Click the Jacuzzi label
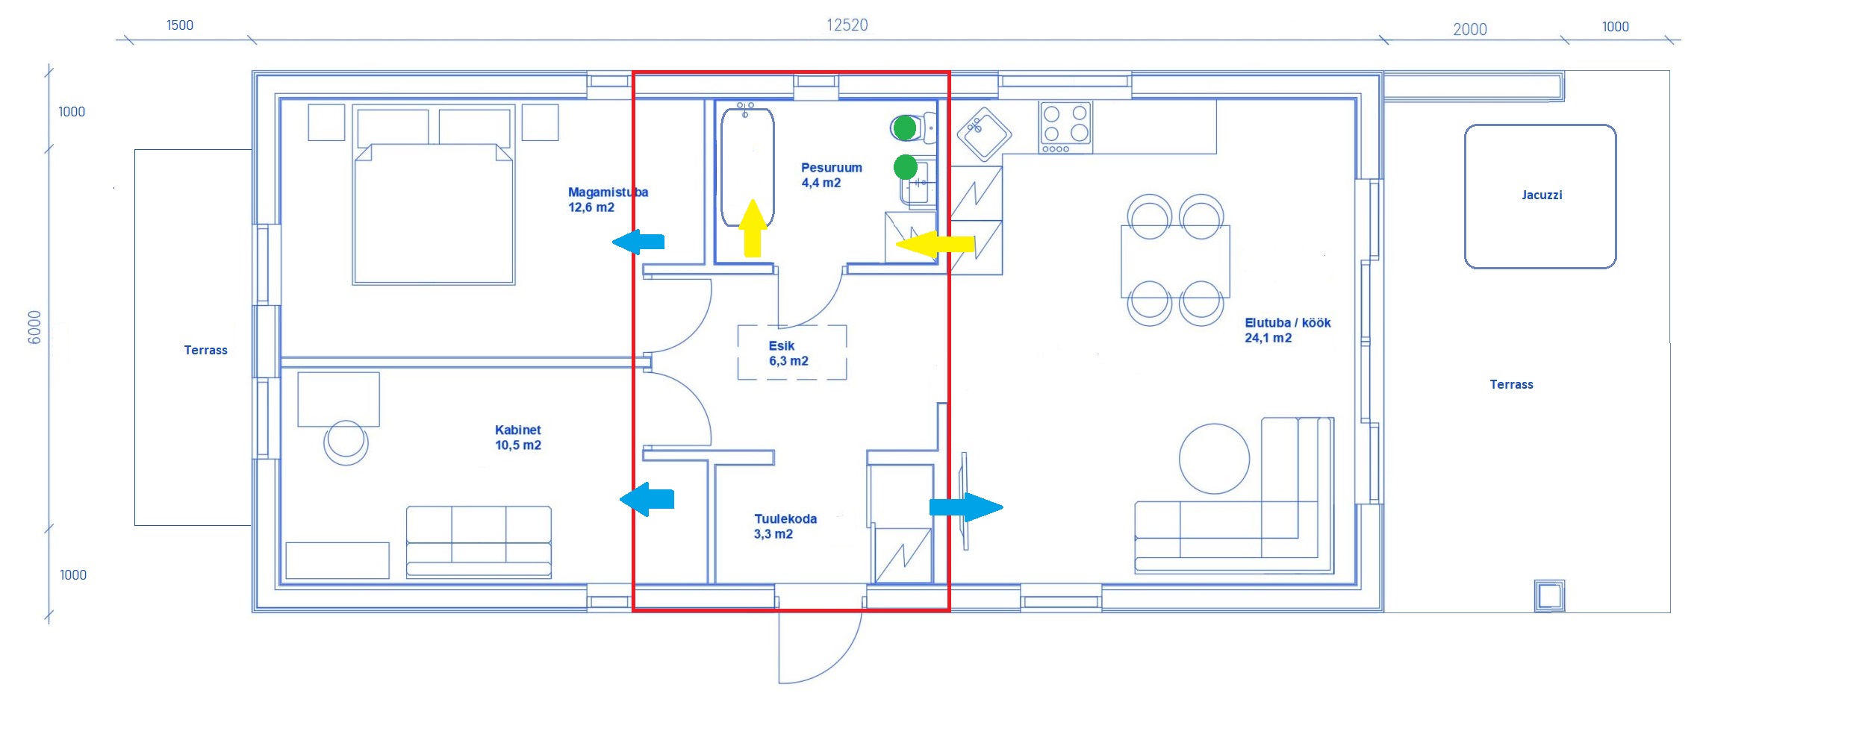pyautogui.click(x=1541, y=195)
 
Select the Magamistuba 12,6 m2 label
pyautogui.click(x=607, y=200)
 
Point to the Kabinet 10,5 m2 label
pyautogui.click(x=517, y=438)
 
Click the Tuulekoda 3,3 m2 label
pyautogui.click(x=785, y=526)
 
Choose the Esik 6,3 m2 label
pyautogui.click(x=788, y=354)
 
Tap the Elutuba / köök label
pyautogui.click(x=1287, y=330)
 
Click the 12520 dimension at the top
pyautogui.click(x=847, y=25)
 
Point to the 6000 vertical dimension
pyautogui.click(x=34, y=327)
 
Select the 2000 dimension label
pyautogui.click(x=1469, y=30)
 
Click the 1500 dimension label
pyautogui.click(x=179, y=25)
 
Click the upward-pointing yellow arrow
pyautogui.click(x=753, y=228)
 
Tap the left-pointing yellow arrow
pyautogui.click(x=935, y=244)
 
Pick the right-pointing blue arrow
pyautogui.click(x=966, y=507)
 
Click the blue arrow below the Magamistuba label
pyautogui.click(x=638, y=242)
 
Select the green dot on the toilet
pyautogui.click(x=905, y=128)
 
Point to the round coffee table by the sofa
pyautogui.click(x=1214, y=459)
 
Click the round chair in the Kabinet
pyautogui.click(x=346, y=442)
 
